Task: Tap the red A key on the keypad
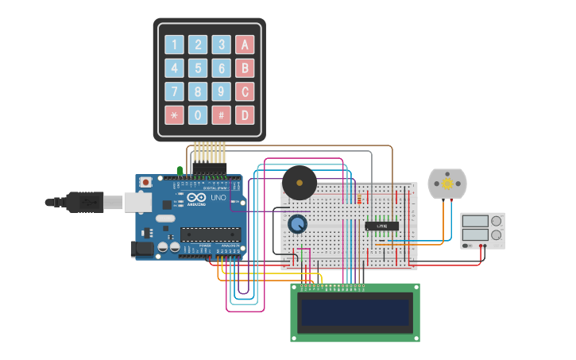pos(245,45)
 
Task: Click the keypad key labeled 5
pos(198,68)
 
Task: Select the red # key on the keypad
pos(222,115)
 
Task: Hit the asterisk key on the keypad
pos(174,115)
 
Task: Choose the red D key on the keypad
pos(245,115)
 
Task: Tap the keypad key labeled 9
pos(222,91)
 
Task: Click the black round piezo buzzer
pos(300,183)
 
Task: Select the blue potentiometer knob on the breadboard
pos(297,224)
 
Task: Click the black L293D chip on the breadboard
pos(381,226)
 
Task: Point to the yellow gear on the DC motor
pos(447,184)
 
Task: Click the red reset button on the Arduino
pos(146,182)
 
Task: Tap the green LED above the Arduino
pos(180,170)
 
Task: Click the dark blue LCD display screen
pos(355,312)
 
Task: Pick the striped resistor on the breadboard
pos(359,198)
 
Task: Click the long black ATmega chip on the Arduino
pos(211,234)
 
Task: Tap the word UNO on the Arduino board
pos(218,197)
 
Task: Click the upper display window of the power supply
pos(475,221)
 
